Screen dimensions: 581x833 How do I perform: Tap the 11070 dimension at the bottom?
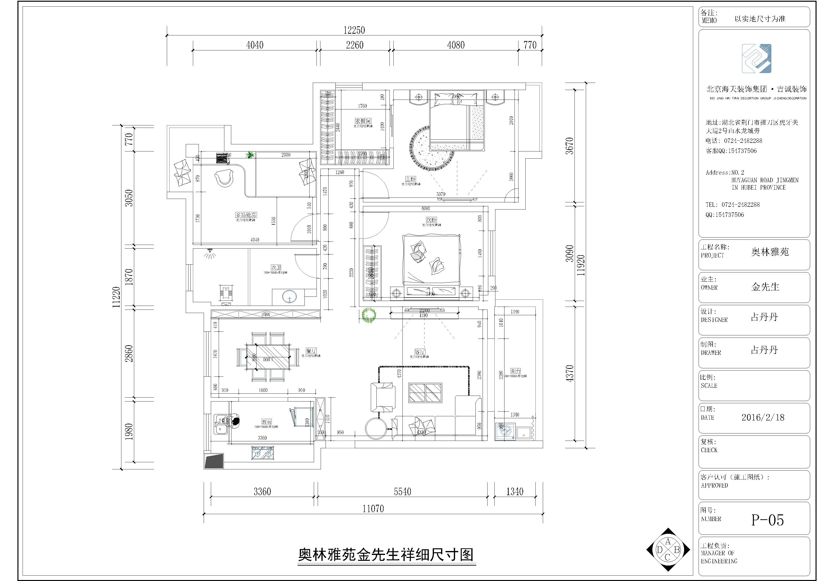coord(373,509)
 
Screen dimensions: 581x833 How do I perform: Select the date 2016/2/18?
coord(763,417)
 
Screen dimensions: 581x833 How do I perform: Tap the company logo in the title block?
coord(756,59)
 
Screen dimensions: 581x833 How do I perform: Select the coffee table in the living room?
coord(425,393)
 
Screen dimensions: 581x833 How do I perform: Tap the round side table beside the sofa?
coord(377,429)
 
